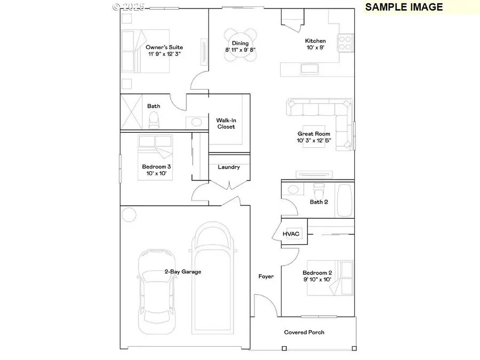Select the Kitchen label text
315,41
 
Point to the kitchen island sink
309,68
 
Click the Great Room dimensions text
314,141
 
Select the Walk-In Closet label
226,123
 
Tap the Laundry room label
229,167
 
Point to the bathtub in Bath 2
345,200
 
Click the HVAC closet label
292,234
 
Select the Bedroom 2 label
317,272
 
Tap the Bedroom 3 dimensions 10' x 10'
156,173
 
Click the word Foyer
266,276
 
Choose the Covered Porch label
304,332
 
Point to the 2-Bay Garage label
183,271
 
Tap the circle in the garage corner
129,214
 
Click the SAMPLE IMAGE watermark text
404,7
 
